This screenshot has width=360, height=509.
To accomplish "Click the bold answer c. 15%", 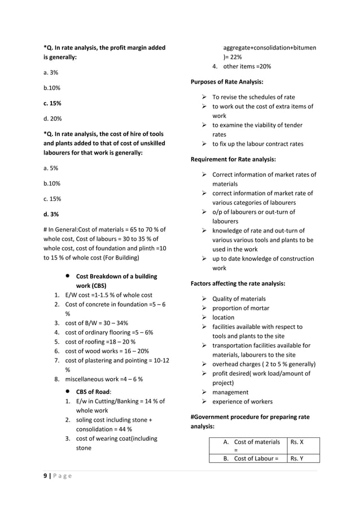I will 52,103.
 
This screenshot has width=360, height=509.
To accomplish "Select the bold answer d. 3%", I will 51,214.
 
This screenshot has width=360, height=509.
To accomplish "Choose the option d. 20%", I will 52,119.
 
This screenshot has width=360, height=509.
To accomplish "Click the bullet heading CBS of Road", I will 94,392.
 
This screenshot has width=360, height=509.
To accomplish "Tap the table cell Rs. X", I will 296,442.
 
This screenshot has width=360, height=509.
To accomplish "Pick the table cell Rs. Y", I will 296,458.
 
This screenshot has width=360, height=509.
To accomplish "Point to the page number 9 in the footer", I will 46,476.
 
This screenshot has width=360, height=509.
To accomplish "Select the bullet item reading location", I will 223,317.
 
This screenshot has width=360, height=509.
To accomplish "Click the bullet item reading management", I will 230,392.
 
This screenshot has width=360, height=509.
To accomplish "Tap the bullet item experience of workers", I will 242,401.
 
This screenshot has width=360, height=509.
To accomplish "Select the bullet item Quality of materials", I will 239,299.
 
